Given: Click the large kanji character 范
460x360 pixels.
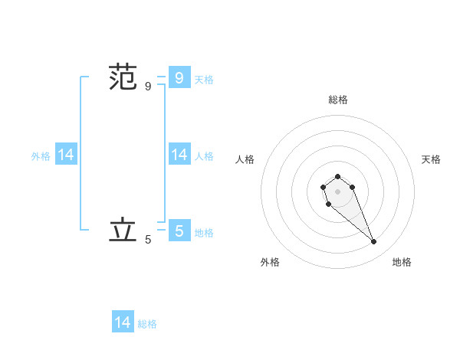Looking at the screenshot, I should pos(123,78).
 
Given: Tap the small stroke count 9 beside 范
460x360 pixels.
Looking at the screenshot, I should pos(148,87).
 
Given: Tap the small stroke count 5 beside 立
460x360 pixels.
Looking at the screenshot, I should pos(148,240).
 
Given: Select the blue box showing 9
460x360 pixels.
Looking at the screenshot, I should pos(179,77).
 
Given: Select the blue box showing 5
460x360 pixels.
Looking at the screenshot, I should pos(179,230).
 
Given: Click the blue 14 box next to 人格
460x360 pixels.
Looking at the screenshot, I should pos(179,155).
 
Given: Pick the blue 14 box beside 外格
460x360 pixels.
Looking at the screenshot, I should pos(66,155).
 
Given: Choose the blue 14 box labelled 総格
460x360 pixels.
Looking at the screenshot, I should pos(123,322).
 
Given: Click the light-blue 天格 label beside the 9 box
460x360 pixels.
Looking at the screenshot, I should pos(204,79).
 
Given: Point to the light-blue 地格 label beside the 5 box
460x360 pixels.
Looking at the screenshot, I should pos(204,233).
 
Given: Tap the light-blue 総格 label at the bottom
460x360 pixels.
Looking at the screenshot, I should pos(147,324).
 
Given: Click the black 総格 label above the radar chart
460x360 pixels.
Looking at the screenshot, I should pos(338,100).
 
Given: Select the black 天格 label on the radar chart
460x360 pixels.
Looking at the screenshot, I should pos(431,159).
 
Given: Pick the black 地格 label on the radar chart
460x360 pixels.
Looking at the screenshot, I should pos(402,262).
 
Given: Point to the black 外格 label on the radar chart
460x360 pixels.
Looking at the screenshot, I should pos(270,262).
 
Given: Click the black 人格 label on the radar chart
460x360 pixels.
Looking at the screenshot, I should pos(245,159).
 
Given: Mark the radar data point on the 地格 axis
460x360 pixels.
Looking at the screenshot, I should pos(374,242).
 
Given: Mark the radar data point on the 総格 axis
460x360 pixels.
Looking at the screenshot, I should pos(337,176).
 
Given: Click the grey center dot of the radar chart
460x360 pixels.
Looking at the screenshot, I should pos(337,191).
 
